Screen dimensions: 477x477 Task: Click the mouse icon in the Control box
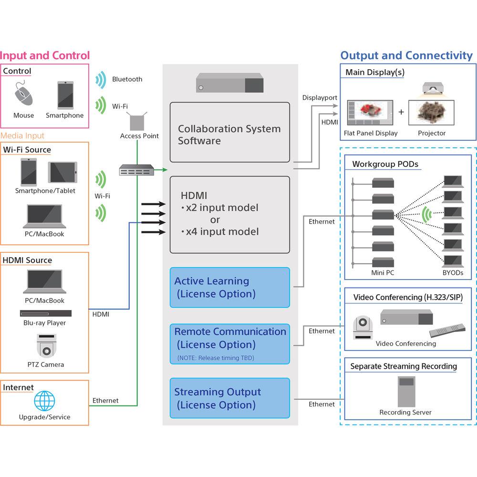tap(23, 94)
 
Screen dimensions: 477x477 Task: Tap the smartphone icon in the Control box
tap(65, 95)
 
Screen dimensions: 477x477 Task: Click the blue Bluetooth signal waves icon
tap(100, 80)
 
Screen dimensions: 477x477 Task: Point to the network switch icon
tap(137, 170)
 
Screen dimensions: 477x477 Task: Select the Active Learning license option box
tap(229, 288)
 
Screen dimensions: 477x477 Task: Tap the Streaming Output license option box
tap(229, 398)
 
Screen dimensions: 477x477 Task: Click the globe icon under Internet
tap(44, 402)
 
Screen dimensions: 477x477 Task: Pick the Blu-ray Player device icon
tap(46, 313)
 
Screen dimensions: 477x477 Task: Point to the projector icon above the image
tap(434, 89)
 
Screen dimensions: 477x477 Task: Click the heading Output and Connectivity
tap(406, 55)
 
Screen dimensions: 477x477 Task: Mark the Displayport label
tap(320, 98)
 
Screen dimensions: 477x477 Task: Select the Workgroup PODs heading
tap(385, 164)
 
